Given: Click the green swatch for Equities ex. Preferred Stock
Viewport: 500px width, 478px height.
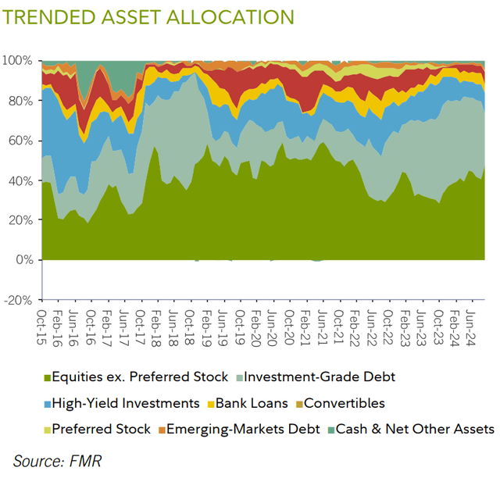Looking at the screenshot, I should pos(46,377).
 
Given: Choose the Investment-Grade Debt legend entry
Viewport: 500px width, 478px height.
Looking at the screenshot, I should pos(319,377).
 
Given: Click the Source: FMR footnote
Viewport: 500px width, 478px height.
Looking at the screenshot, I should pos(57,460).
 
